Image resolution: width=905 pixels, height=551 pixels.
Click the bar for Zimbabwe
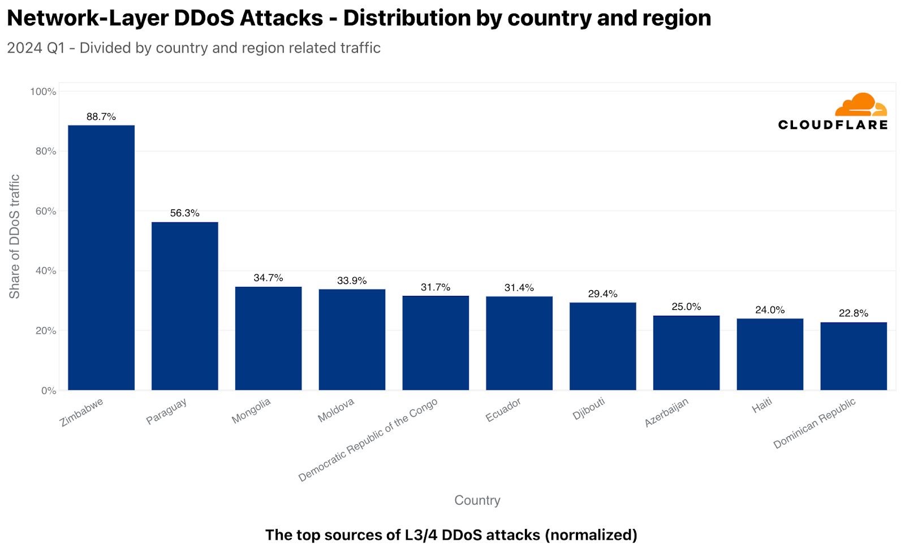(101, 257)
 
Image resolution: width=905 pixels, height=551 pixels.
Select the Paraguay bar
(185, 306)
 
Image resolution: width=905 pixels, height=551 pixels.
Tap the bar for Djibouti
(602, 346)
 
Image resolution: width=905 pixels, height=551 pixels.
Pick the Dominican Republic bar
(854, 356)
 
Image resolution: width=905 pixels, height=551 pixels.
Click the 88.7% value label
(101, 117)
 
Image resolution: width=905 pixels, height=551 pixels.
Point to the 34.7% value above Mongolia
(268, 278)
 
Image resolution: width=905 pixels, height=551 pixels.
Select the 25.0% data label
(686, 307)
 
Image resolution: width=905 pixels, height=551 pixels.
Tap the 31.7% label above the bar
(436, 287)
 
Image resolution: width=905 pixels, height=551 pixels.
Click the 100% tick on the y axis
(43, 92)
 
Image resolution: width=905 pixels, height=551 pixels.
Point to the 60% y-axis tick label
(45, 211)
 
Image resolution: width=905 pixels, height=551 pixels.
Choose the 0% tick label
(49, 390)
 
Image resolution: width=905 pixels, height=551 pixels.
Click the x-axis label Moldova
(336, 410)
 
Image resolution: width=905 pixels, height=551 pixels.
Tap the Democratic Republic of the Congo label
(368, 440)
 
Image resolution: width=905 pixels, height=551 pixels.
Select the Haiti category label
(762, 406)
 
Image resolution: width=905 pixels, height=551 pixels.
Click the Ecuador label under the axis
(503, 410)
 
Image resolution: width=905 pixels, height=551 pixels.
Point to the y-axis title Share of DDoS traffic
(14, 236)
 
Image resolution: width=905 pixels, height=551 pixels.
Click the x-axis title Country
(477, 500)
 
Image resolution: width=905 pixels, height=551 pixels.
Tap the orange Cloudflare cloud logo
(861, 105)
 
